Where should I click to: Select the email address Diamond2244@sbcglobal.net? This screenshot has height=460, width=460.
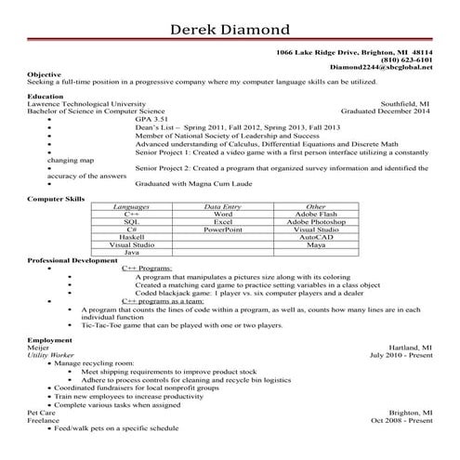(382, 67)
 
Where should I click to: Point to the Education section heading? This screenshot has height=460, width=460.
(46, 95)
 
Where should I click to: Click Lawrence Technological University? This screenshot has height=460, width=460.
(86, 103)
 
